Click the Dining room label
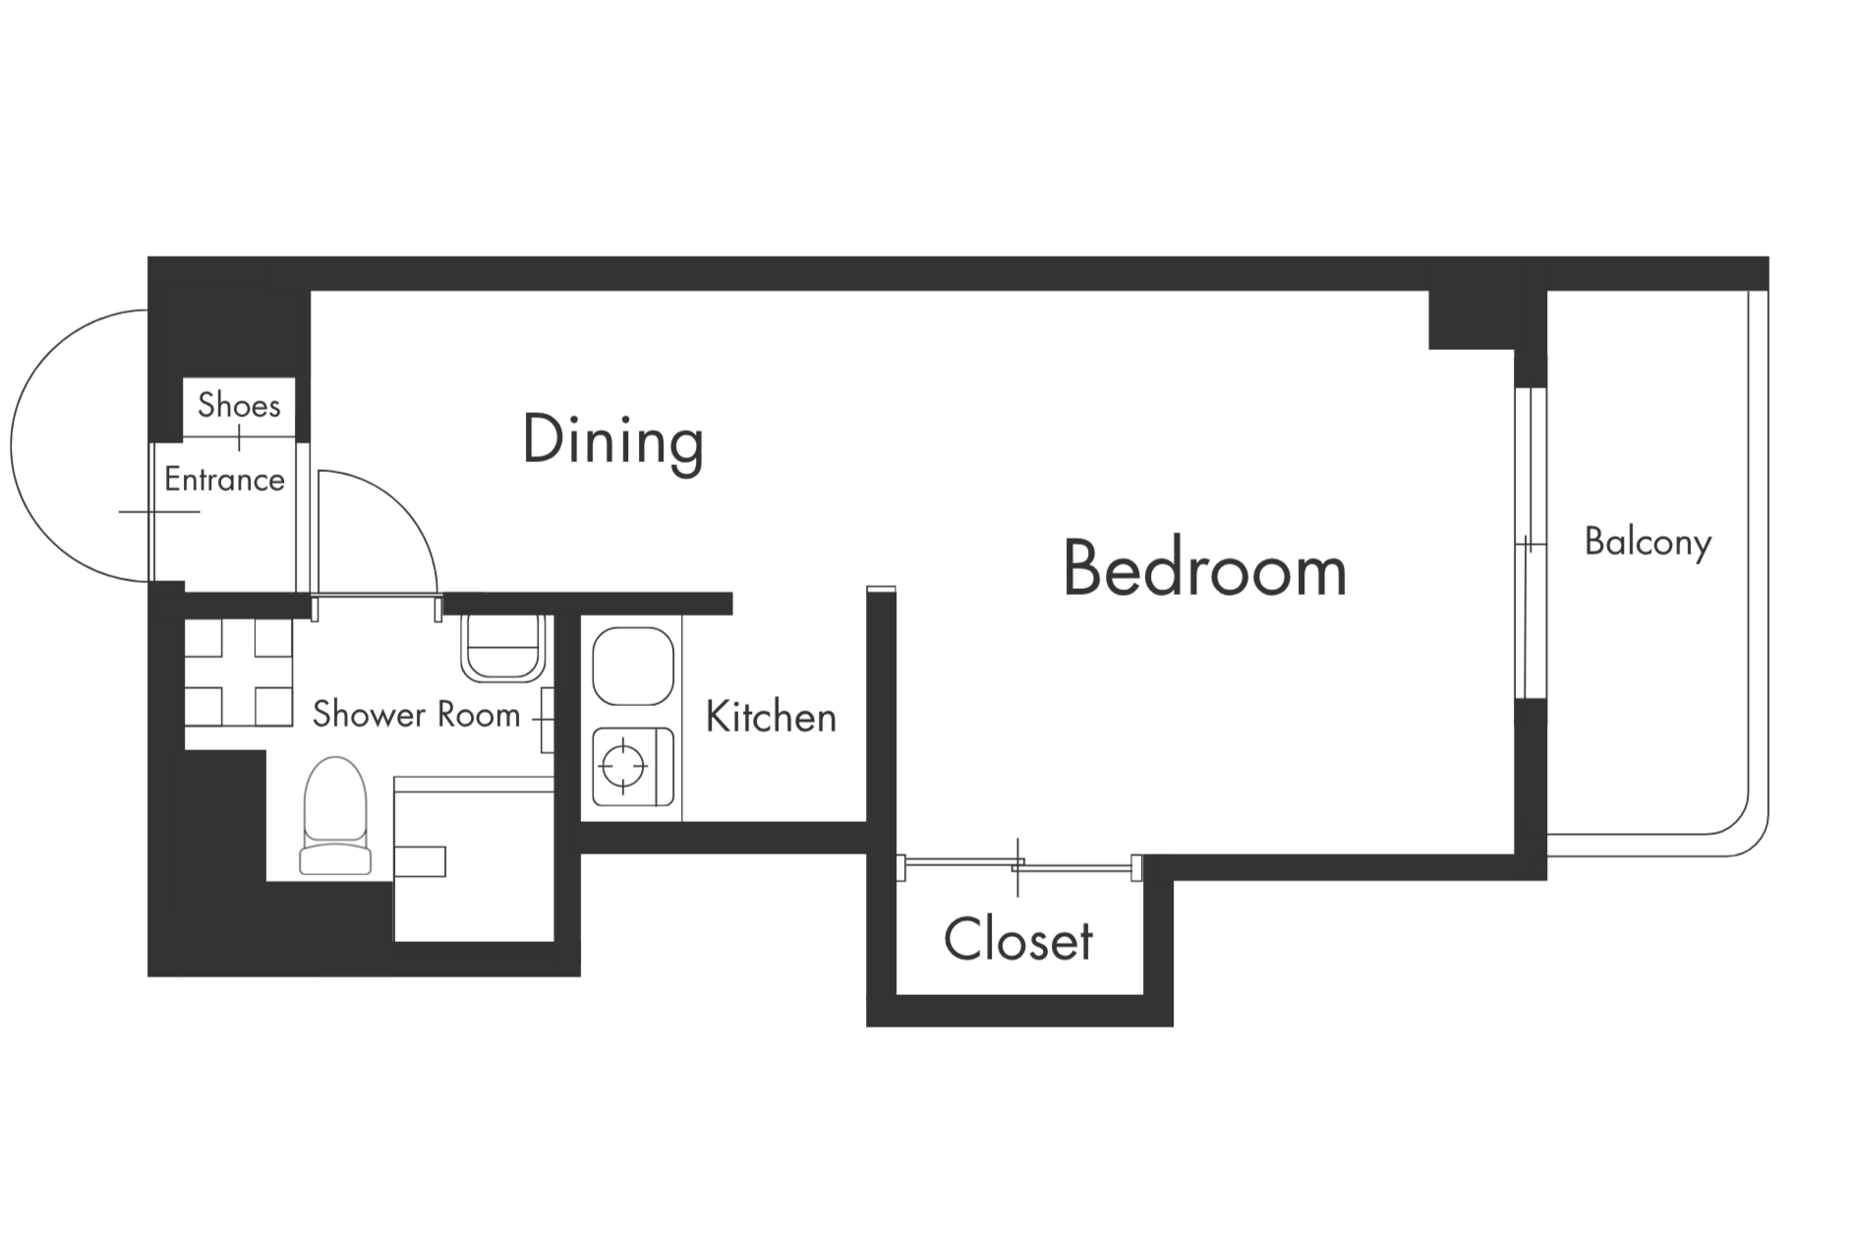click(612, 440)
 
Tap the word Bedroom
click(1204, 568)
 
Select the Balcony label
click(1647, 542)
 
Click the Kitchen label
click(771, 717)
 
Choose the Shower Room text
click(416, 714)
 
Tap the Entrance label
click(224, 480)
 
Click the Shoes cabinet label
click(239, 404)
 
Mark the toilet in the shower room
click(335, 816)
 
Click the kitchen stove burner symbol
click(624, 765)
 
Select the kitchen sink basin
click(633, 666)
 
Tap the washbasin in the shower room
click(502, 647)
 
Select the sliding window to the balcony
click(1530, 543)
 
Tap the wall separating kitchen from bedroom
click(881, 708)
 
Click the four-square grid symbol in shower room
click(239, 673)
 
